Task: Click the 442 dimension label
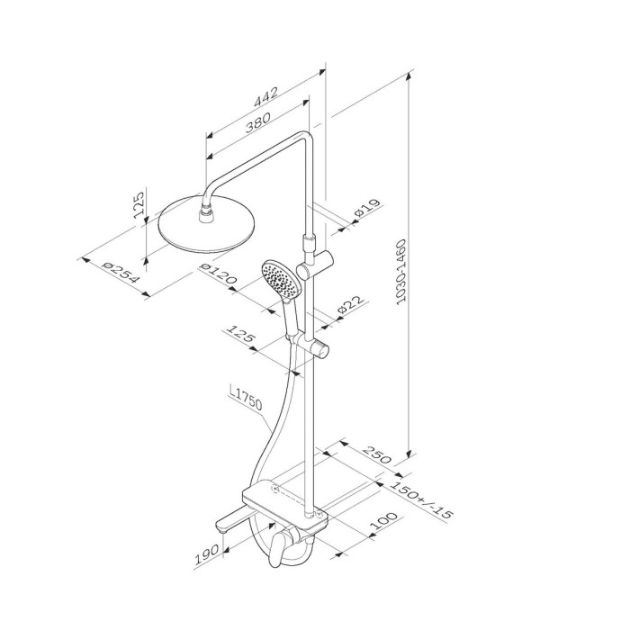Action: coord(265,97)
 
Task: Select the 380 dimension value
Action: coord(258,122)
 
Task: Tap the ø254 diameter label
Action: coord(120,272)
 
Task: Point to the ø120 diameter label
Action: coord(218,274)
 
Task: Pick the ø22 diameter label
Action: coord(351,304)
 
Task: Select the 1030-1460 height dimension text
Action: coord(401,272)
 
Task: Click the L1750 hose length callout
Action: coord(246,399)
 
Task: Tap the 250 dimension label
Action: coord(376,454)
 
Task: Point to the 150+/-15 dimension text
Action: coord(421,499)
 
